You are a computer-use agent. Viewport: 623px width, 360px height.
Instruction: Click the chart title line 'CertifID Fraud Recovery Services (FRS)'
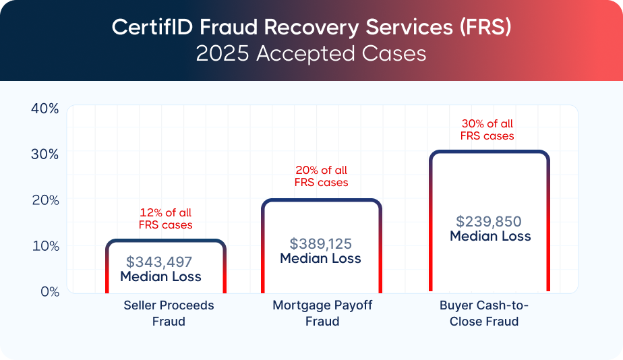point(311,27)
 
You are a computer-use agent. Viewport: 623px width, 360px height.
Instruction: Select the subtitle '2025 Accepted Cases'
point(311,53)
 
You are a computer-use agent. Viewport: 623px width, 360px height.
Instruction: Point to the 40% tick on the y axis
point(45,108)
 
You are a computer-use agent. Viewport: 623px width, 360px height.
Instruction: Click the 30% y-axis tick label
point(45,154)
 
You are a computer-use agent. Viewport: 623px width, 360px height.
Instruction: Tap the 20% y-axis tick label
point(45,200)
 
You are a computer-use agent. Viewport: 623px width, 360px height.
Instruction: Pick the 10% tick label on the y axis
point(45,245)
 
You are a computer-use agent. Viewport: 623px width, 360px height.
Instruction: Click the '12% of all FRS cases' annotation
point(165,219)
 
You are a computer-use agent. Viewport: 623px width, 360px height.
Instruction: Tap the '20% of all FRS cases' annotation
point(322,177)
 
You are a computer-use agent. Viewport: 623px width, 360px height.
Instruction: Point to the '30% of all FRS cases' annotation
point(487,129)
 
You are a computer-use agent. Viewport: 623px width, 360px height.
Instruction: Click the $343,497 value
point(160,262)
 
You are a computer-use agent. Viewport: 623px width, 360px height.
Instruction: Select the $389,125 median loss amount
point(321,243)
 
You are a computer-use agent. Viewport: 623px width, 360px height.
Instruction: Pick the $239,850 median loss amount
point(489,221)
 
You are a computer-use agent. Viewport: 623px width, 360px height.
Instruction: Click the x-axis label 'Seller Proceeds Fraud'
point(169,313)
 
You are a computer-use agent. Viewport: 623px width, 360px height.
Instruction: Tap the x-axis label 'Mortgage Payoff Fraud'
point(322,313)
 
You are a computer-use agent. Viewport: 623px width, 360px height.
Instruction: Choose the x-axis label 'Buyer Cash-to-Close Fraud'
point(484,313)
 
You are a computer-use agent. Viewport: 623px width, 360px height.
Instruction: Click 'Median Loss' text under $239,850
point(490,237)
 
